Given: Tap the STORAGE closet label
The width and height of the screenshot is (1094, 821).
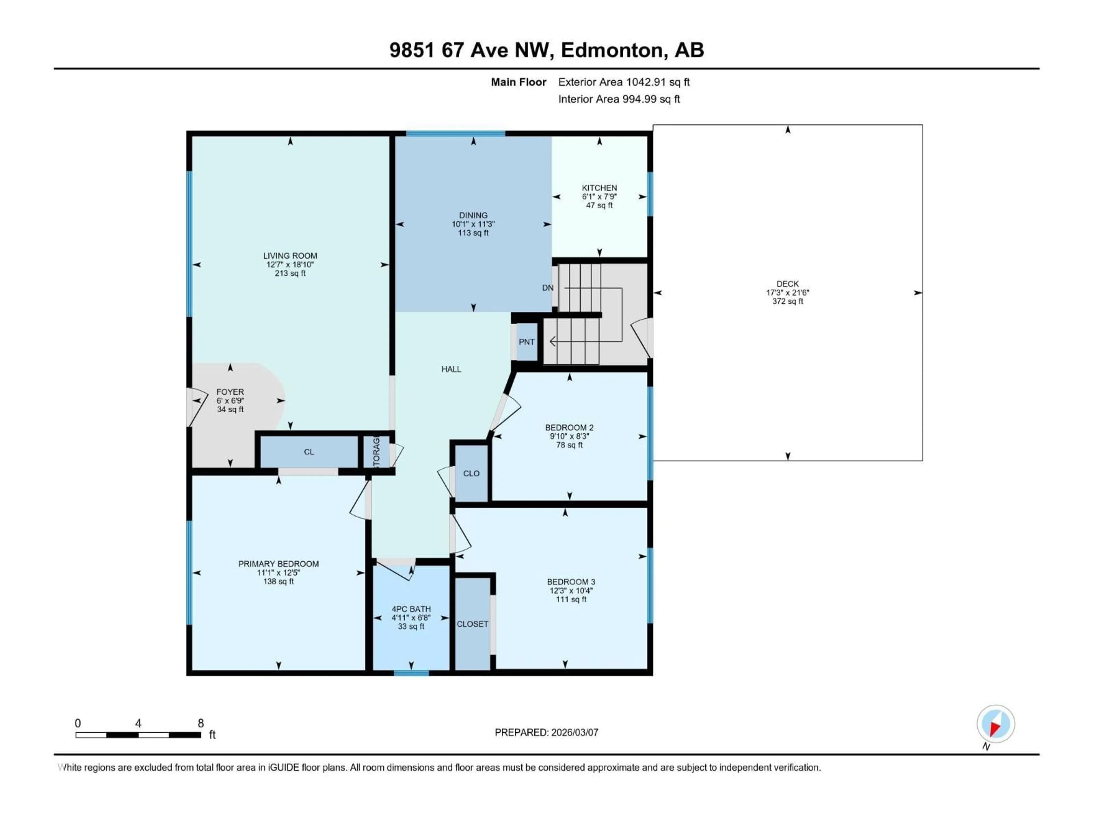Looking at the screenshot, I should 376,451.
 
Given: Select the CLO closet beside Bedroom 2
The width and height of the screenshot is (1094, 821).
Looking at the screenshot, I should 471,473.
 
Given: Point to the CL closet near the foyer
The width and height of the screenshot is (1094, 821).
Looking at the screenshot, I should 309,451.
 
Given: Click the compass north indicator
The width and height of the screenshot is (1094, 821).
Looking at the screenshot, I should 995,724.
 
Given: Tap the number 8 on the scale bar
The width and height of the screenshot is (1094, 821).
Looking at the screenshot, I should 201,723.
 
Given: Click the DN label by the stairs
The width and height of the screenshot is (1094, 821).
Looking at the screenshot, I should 548,288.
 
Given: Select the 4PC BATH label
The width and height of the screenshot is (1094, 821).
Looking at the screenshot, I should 411,609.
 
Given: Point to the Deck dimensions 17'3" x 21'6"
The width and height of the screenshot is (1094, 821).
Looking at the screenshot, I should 787,292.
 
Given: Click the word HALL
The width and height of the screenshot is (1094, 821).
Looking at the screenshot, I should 451,369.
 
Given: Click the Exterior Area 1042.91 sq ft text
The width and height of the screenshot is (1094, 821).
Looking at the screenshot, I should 624,82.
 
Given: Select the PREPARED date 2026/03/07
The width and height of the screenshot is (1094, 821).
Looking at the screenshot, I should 546,732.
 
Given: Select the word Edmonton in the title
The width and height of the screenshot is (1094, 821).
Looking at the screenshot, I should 612,50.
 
